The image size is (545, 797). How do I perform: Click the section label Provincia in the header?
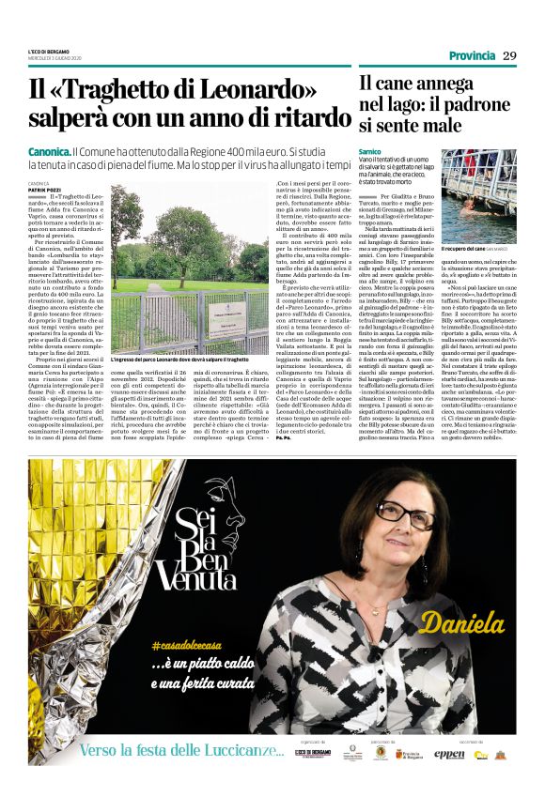coord(472,56)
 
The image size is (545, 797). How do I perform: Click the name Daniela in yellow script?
coord(462,621)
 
